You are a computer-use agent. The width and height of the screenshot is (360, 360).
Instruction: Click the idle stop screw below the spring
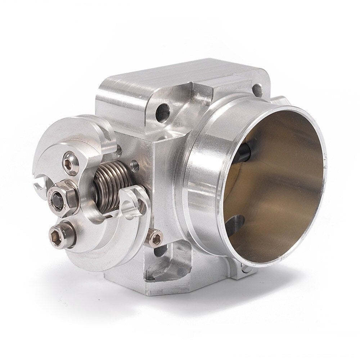(155, 237)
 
